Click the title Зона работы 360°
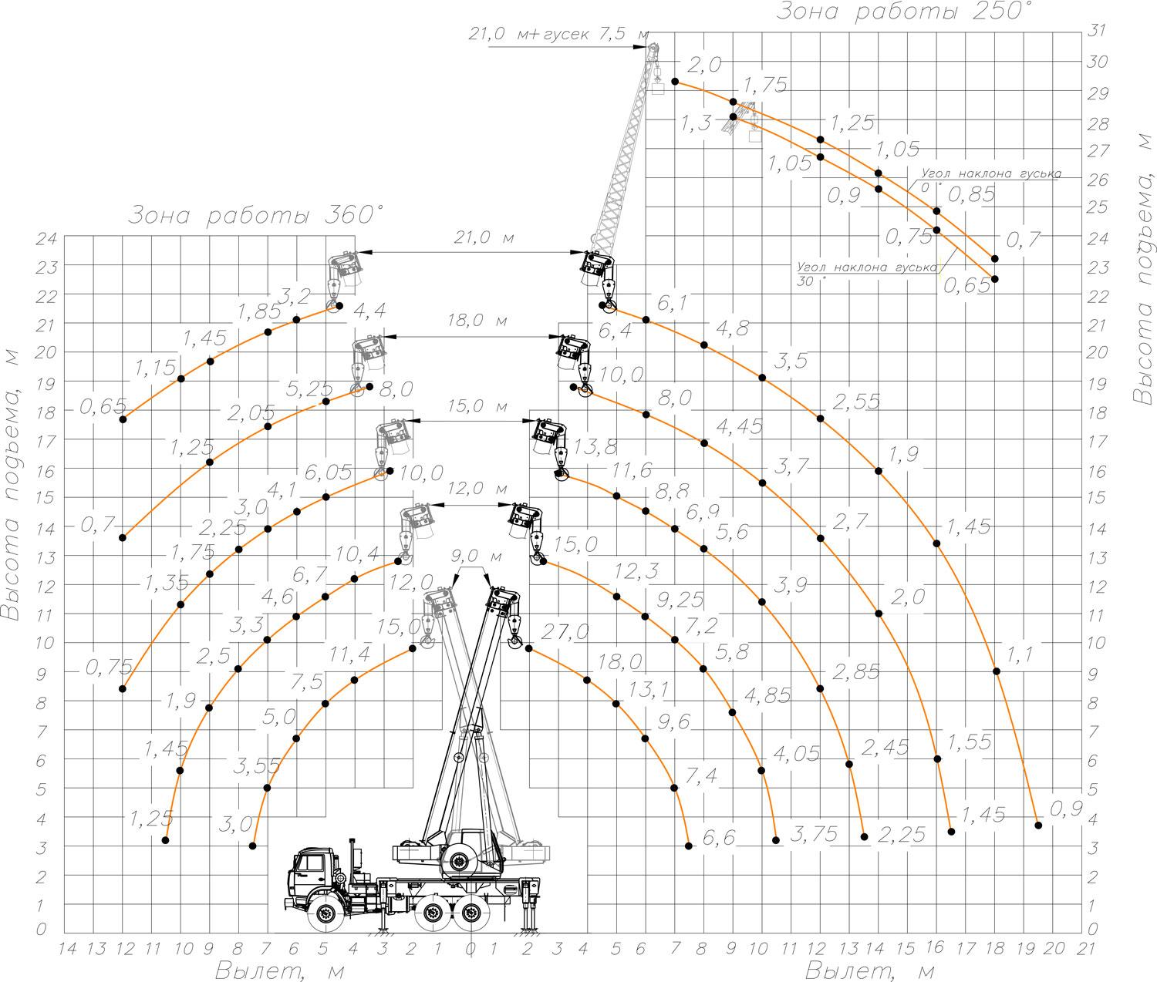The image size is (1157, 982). [256, 215]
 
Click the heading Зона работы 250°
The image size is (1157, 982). [903, 12]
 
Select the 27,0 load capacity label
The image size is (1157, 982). [565, 633]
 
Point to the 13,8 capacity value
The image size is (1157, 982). [594, 447]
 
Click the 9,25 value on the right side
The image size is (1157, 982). [680, 600]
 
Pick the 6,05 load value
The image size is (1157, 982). [328, 473]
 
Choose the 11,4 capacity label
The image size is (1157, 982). [350, 654]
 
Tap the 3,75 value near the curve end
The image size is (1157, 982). [814, 834]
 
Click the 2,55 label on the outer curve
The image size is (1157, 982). [856, 402]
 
